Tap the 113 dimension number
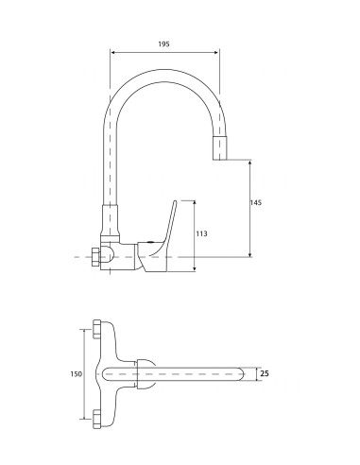(202, 232)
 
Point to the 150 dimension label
(77, 373)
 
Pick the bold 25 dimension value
(266, 374)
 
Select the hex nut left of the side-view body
(94, 256)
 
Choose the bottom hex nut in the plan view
(102, 417)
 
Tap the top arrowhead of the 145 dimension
(249, 164)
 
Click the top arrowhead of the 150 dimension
(88, 332)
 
